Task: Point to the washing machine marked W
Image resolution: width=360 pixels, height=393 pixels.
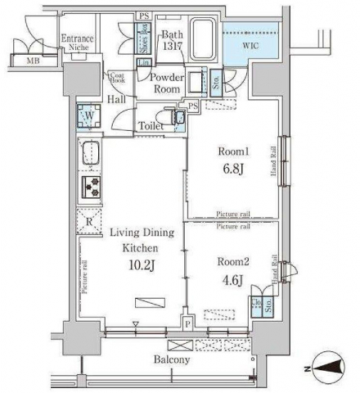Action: point(87,116)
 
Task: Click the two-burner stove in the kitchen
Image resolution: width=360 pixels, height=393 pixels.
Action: point(89,187)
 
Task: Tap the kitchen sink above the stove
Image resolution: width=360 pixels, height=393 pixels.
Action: point(89,153)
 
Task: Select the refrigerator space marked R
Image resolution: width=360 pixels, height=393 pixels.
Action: point(88,219)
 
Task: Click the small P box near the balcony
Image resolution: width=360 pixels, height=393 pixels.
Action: point(187,324)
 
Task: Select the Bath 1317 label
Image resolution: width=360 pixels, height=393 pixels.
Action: point(173,40)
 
